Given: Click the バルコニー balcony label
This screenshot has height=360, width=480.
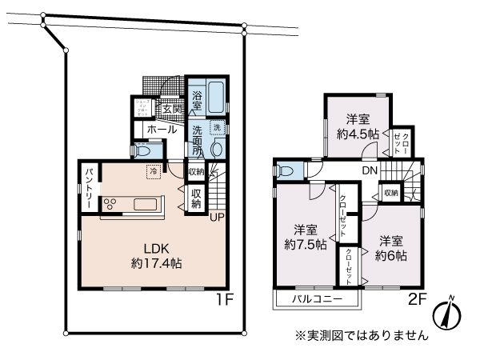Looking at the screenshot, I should tap(317, 299).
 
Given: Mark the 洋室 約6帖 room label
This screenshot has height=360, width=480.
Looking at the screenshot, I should tap(392, 247).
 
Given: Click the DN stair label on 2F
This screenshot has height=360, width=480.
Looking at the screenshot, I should tap(369, 171).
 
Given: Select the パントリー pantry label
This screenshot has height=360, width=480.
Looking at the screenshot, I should tap(88, 190).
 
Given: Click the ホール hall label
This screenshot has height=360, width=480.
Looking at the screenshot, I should tap(162, 128).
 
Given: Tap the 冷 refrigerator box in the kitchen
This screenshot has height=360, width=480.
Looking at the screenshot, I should tap(152, 170).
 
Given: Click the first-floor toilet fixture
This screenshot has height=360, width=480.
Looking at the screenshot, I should tap(143, 149).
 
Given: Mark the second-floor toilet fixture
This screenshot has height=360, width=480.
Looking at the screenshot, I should tap(285, 170).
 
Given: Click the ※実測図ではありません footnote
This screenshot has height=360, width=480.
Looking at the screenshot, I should tap(362, 337).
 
